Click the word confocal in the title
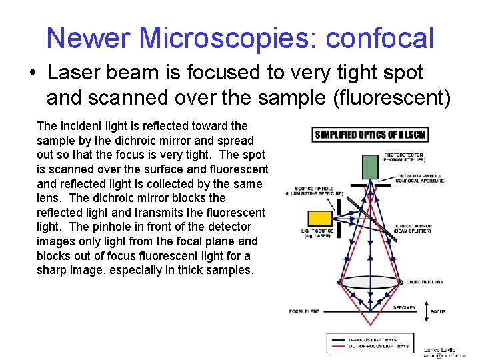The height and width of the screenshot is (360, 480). coord(379,38)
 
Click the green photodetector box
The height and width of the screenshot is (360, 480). coord(370,164)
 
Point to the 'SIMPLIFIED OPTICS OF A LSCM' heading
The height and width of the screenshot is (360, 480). coord(370,135)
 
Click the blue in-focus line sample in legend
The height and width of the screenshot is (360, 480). coord(336,340)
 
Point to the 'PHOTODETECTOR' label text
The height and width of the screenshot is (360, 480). coord(402,155)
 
